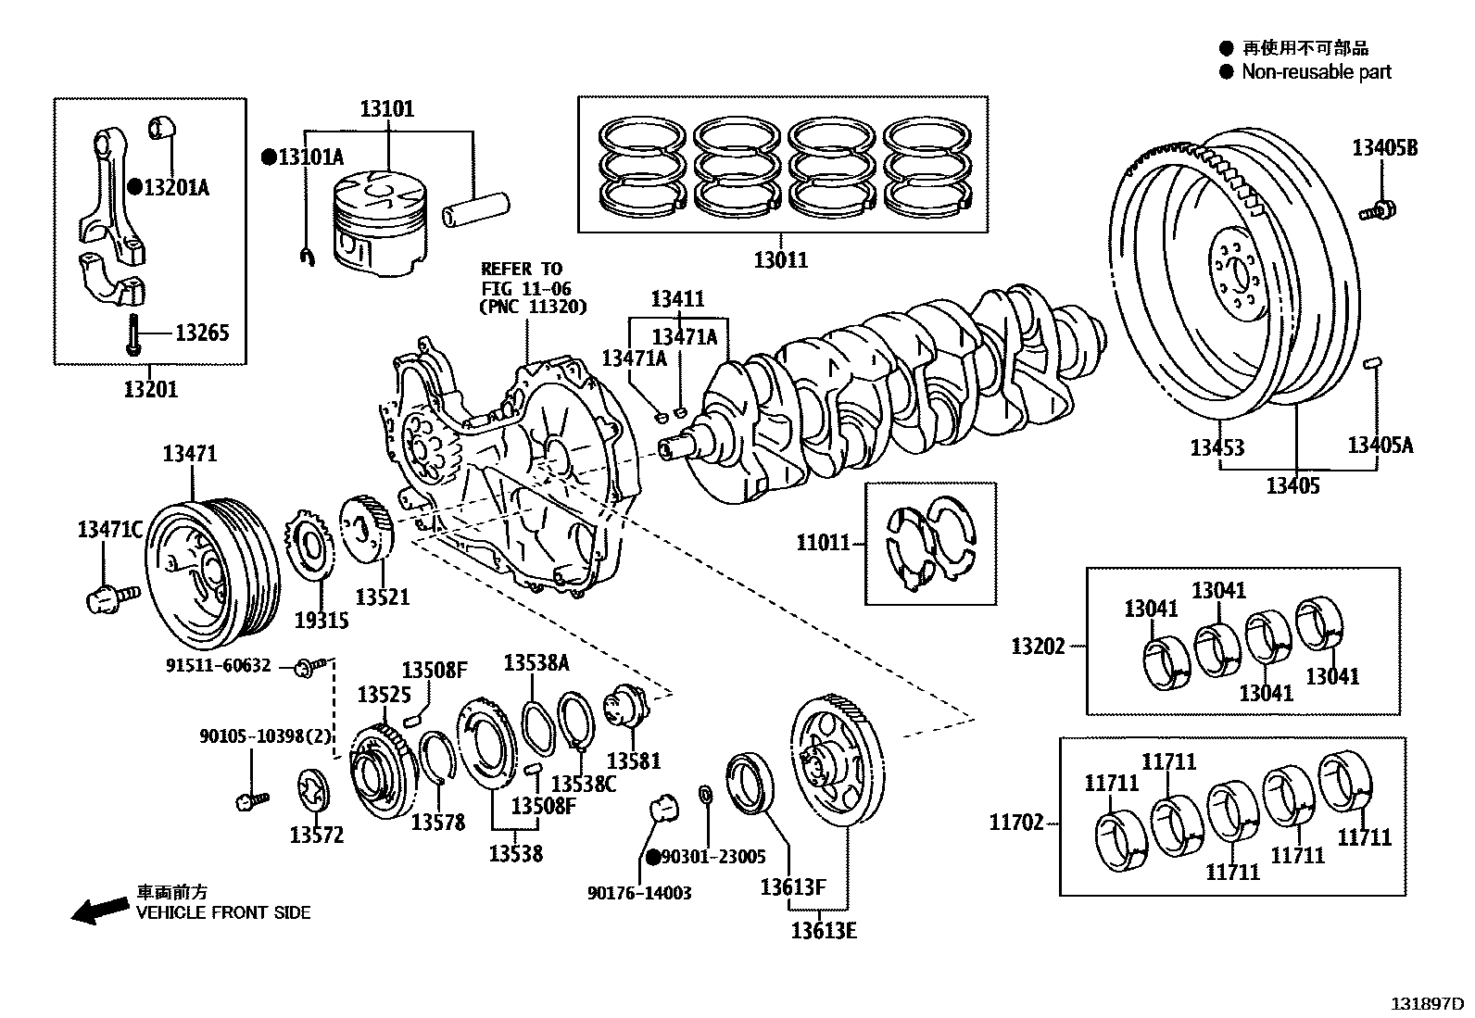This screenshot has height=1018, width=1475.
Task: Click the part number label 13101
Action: (387, 109)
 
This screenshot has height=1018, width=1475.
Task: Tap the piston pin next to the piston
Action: (475, 208)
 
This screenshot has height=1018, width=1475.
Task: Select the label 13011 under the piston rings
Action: (781, 260)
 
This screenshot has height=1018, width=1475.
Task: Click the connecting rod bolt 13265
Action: (134, 334)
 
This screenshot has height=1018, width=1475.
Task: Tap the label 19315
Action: (321, 621)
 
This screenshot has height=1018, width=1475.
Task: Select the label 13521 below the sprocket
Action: (383, 597)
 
